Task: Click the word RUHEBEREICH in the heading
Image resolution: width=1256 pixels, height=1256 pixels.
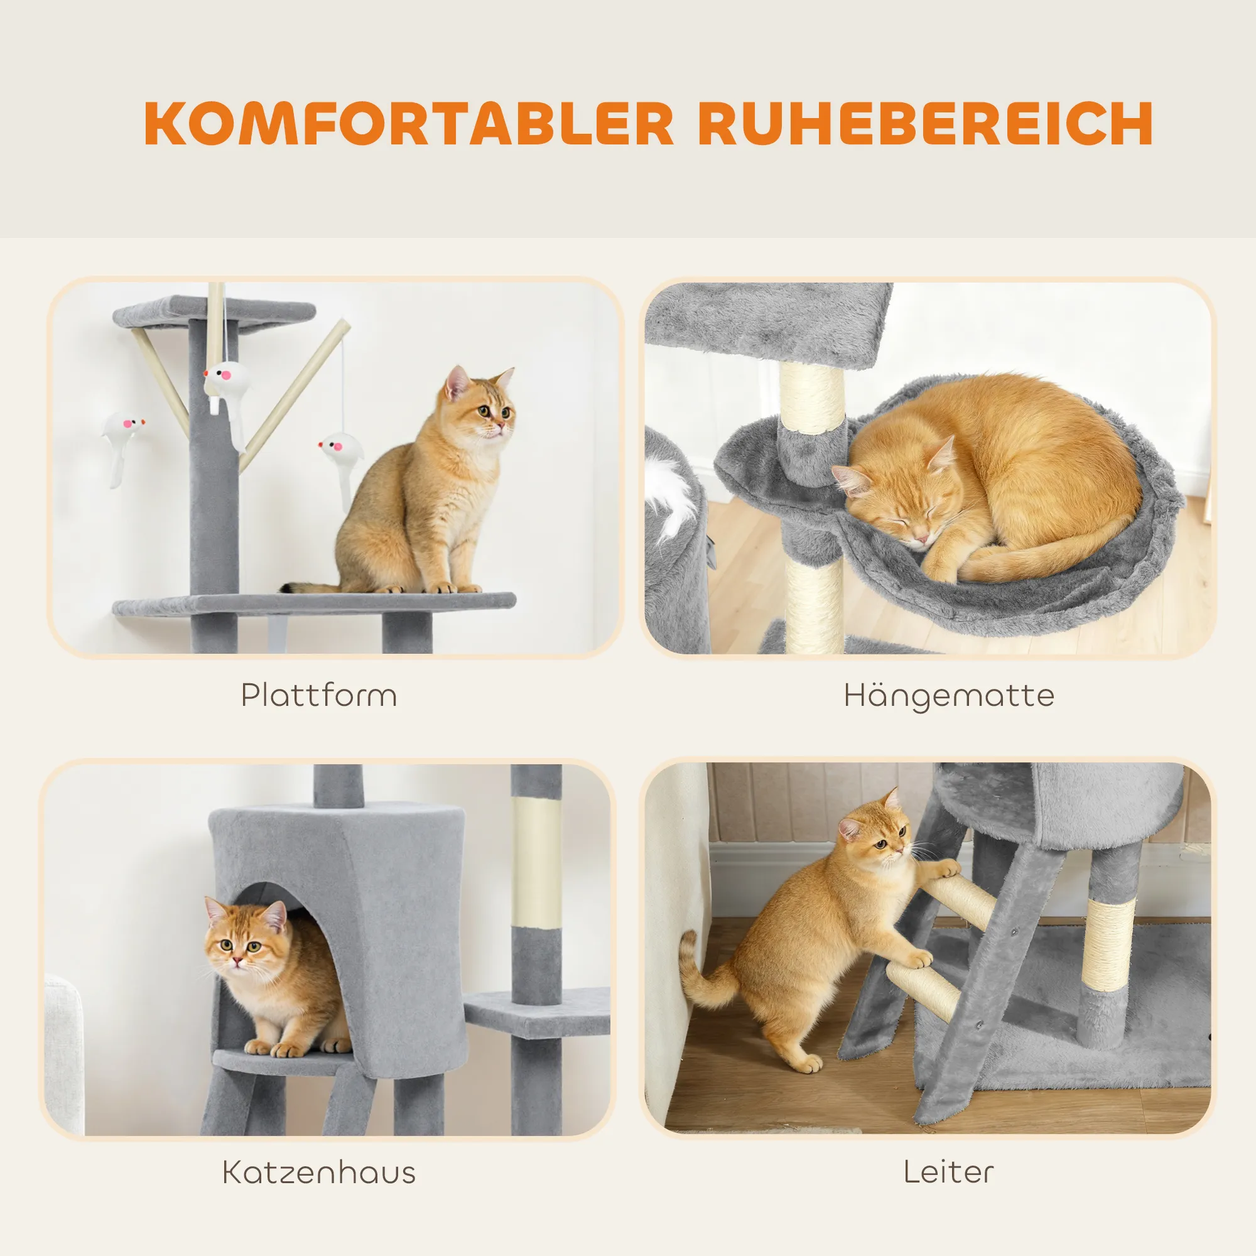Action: tap(926, 124)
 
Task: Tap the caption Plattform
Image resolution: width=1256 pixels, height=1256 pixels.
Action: tap(318, 696)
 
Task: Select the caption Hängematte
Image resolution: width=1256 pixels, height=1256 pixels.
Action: tap(948, 696)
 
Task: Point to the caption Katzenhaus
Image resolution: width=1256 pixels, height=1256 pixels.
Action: tap(318, 1172)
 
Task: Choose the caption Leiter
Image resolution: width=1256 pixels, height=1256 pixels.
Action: tap(948, 1172)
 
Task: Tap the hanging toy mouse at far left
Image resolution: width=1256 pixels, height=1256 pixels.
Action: tap(121, 445)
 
